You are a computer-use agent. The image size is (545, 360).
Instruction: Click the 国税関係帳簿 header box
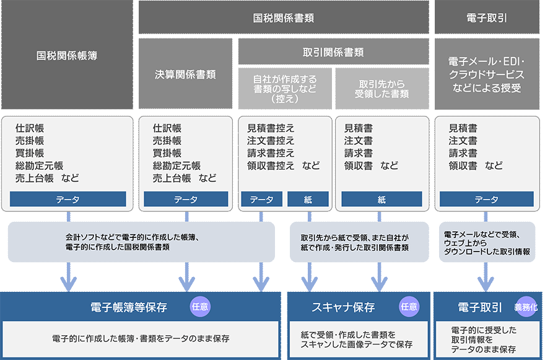pos(67,55)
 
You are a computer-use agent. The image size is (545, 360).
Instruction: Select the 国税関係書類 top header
pos(284,18)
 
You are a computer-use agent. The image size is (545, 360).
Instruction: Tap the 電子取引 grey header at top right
pos(486,18)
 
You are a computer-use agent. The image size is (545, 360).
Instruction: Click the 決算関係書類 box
pos(185,74)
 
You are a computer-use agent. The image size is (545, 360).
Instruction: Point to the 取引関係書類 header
pos(333,52)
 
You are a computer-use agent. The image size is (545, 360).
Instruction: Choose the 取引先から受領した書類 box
pos(381,89)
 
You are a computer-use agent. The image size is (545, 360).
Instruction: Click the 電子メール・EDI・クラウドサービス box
pos(486,74)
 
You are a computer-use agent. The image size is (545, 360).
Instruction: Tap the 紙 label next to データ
pos(308,200)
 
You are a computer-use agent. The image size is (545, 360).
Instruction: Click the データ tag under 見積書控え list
pos(261,200)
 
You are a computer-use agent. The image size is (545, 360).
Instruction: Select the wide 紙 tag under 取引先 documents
pos(381,200)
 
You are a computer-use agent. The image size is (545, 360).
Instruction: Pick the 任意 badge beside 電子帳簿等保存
pos(201,306)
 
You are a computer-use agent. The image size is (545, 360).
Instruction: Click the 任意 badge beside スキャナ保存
pos(409,306)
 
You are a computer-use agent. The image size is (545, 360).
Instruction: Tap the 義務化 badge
pos(525,307)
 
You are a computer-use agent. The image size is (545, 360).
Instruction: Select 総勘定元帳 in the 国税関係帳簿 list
pos(39,165)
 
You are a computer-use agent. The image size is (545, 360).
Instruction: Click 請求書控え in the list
pos(271,153)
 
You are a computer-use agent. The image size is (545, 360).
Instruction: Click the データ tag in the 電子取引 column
pos(486,200)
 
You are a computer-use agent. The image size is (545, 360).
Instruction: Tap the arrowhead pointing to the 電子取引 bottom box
pos(486,286)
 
